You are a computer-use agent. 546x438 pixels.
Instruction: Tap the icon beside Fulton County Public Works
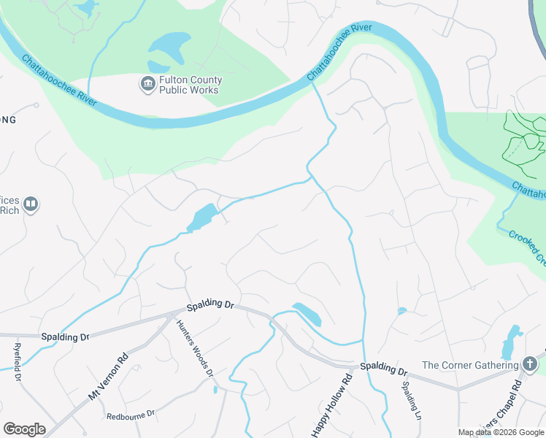pyautogui.click(x=147, y=84)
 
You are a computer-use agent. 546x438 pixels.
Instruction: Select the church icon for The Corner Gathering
pyautogui.click(x=531, y=364)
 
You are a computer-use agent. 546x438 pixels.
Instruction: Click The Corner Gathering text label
pyautogui.click(x=471, y=365)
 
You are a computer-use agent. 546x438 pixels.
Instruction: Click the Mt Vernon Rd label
pyautogui.click(x=108, y=376)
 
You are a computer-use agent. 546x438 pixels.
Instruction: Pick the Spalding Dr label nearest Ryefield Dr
pyautogui.click(x=64, y=337)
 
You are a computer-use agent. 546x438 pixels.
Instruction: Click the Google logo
pyautogui.click(x=24, y=429)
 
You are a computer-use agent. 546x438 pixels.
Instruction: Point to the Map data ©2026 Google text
pyautogui.click(x=500, y=432)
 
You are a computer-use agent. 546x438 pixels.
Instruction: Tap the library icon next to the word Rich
pyautogui.click(x=31, y=204)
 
